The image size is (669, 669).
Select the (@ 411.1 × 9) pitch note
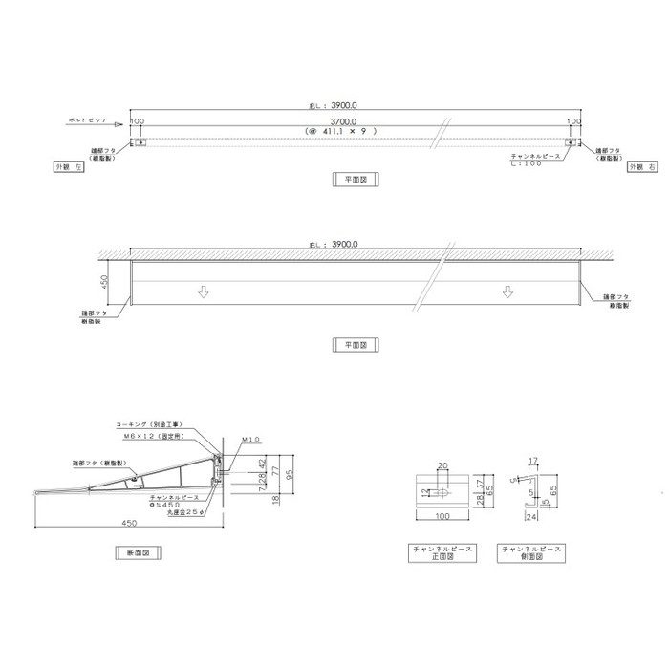tap(341, 131)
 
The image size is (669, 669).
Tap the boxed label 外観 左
tap(70, 166)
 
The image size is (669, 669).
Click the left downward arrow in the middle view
tap(202, 291)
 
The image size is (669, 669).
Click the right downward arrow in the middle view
tap(503, 291)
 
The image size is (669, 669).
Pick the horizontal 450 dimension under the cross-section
tap(126, 524)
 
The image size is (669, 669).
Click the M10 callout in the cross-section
tap(251, 441)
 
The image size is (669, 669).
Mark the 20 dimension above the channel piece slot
tap(442, 467)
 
